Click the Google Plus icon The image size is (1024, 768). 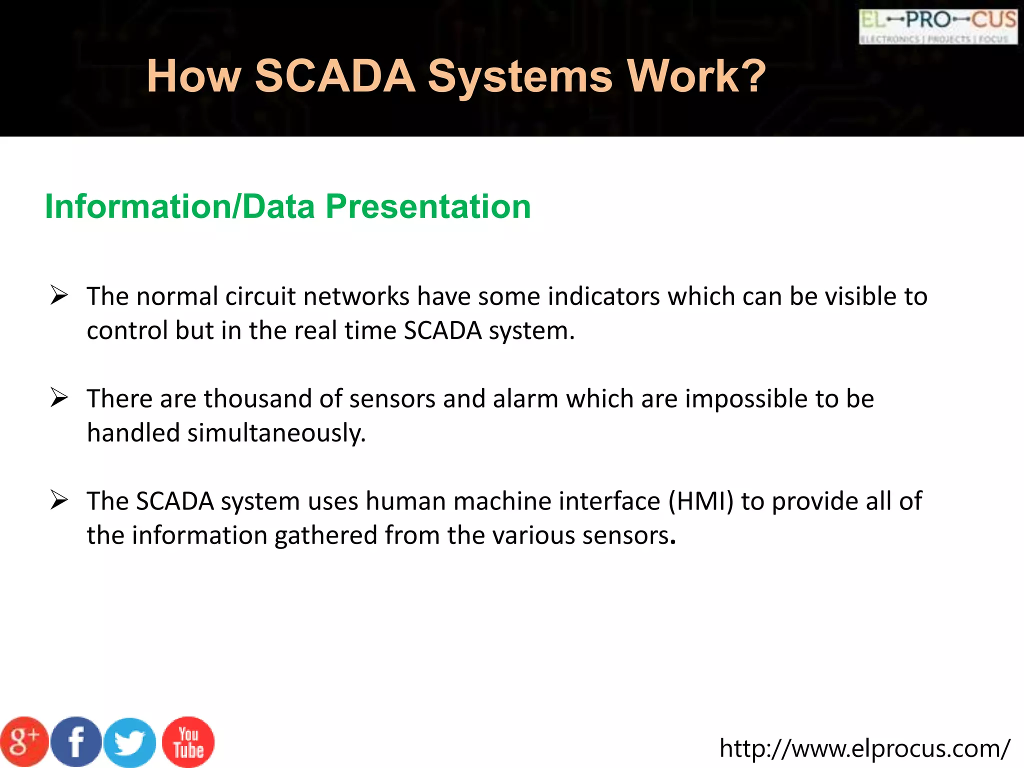[24, 742]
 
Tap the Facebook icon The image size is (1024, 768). [76, 742]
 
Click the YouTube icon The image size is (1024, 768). [188, 742]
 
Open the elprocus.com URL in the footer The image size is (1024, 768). [864, 748]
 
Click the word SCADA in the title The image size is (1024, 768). [335, 76]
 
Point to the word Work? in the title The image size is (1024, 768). [696, 76]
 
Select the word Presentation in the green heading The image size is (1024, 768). [428, 206]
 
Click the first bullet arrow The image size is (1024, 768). [59, 295]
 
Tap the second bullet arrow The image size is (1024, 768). [59, 398]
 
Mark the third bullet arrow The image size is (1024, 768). [59, 500]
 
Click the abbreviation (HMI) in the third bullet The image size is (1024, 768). [701, 501]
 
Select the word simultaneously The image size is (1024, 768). [276, 433]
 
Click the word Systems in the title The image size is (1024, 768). [520, 76]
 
